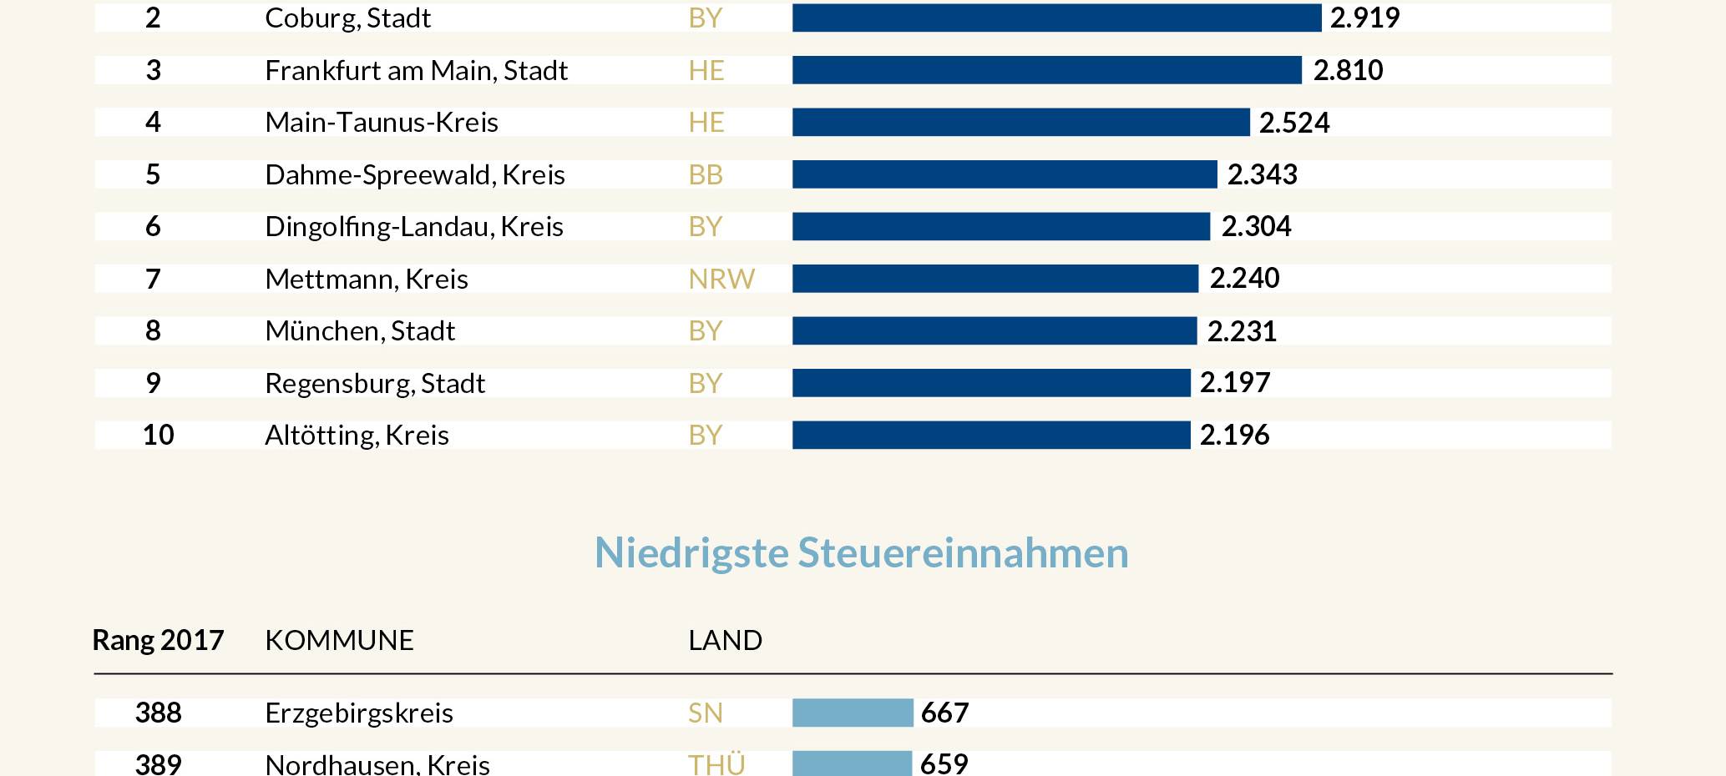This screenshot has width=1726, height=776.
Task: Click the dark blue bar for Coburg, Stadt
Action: pos(1056,18)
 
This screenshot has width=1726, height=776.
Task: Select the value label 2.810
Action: pos(1348,70)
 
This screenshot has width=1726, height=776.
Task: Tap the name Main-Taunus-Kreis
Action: pos(382,123)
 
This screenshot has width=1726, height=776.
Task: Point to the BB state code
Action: pos(706,174)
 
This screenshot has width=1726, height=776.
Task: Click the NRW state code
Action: pos(721,279)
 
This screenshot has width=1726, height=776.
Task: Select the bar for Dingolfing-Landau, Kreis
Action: pos(1000,226)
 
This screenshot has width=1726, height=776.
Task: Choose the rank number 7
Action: pos(153,279)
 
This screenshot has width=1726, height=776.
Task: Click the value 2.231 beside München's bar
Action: pos(1242,331)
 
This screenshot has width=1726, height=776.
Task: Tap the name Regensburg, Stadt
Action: pos(375,383)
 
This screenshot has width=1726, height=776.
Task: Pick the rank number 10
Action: pos(158,435)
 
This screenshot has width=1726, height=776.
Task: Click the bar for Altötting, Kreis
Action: pos(991,435)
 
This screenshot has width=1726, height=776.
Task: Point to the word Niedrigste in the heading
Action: pos(691,552)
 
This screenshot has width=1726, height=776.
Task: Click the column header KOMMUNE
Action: pos(339,640)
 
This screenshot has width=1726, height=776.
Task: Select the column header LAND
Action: pos(725,640)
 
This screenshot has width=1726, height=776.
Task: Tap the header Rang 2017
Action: pos(158,640)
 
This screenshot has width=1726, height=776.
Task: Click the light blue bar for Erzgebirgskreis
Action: pos(853,713)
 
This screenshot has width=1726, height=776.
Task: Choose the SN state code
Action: pos(706,713)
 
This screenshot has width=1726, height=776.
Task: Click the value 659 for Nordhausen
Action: pos(944,763)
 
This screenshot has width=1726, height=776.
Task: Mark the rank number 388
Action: pos(158,713)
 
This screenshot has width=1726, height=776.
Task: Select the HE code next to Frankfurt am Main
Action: pos(706,70)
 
